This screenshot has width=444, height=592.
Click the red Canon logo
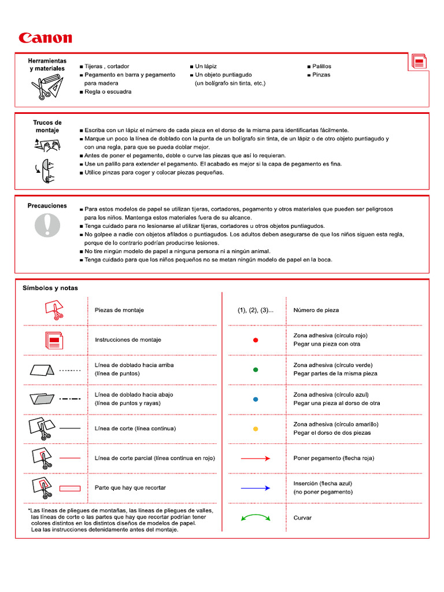click(45, 38)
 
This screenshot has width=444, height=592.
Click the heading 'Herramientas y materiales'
click(47, 65)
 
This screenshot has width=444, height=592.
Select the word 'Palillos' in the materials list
click(322, 66)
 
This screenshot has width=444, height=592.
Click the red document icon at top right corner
click(419, 62)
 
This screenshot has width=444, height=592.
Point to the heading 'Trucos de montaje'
click(47, 127)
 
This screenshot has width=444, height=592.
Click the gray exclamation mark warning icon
click(47, 224)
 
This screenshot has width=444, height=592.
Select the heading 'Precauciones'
click(47, 206)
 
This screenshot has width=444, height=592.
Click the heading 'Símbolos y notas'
click(50, 288)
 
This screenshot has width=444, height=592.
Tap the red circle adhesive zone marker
click(256, 340)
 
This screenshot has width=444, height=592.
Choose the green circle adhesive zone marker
click(256, 369)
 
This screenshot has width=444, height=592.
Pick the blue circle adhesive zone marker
click(256, 399)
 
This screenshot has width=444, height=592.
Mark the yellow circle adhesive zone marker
click(256, 429)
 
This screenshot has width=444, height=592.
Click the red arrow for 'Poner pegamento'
click(256, 458)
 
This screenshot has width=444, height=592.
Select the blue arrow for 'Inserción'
click(256, 488)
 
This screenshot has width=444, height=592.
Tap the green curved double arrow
click(256, 519)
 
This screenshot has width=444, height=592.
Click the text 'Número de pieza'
click(316, 310)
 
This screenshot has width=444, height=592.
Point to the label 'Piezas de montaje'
click(119, 310)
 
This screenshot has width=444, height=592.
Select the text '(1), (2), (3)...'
click(256, 310)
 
